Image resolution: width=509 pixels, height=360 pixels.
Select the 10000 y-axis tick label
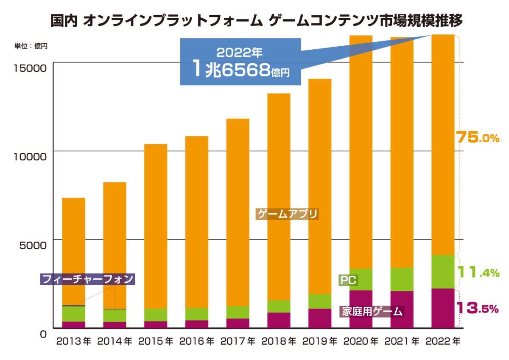click(x=27, y=156)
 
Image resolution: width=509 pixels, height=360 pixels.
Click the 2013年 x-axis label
click(x=73, y=341)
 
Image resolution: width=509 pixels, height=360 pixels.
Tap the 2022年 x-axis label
click(x=443, y=341)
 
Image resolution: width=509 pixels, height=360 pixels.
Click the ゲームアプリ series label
click(x=287, y=214)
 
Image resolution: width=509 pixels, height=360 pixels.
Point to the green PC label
click(x=347, y=280)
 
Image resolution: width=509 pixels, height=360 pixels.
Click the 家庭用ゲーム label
click(x=372, y=311)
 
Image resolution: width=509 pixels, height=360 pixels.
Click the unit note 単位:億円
click(x=31, y=46)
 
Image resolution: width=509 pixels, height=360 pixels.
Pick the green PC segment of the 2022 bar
click(x=443, y=272)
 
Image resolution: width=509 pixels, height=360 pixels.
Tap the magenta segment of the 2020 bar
click(x=361, y=309)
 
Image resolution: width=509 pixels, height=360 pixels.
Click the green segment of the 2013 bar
click(x=73, y=314)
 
